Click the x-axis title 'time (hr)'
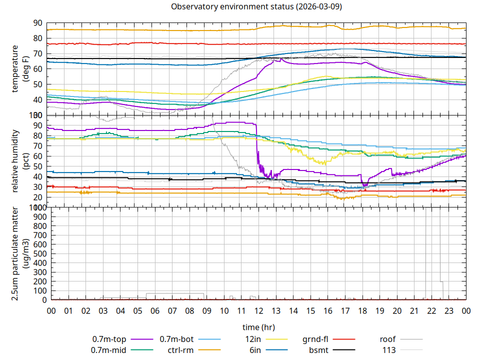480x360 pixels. click(x=258, y=327)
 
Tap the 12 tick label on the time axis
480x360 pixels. click(x=258, y=310)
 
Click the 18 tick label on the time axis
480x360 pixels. click(x=362, y=310)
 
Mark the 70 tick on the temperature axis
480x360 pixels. click(x=37, y=53)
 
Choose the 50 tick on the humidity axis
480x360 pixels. click(x=37, y=166)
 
